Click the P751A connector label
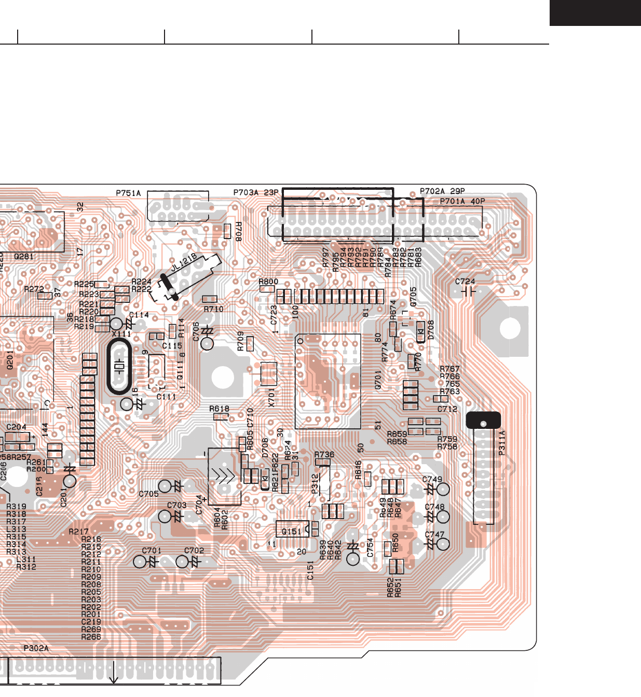(x=128, y=193)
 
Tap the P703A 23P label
(x=256, y=193)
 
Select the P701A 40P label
(x=462, y=201)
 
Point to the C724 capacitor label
(x=465, y=282)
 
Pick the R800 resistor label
(x=268, y=282)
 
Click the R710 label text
(x=213, y=309)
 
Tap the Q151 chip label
(x=291, y=532)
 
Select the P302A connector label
(x=36, y=648)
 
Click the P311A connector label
(x=502, y=443)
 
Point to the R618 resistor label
(x=220, y=409)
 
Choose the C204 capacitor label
(x=16, y=427)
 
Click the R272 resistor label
(x=34, y=289)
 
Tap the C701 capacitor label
(x=152, y=551)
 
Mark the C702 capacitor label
(x=194, y=551)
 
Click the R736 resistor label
(x=324, y=454)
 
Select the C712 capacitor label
(x=447, y=409)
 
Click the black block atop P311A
(x=484, y=420)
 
